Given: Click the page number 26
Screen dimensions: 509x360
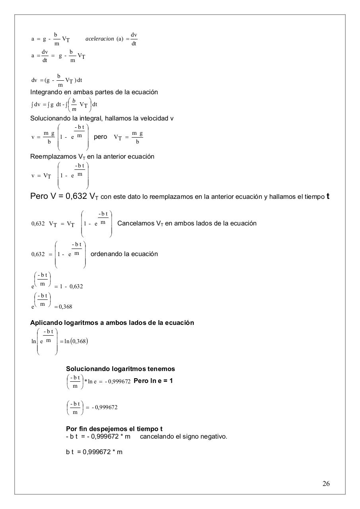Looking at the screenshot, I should pyautogui.click(x=326, y=484).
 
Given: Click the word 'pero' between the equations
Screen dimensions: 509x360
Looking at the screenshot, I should pyautogui.click(x=100, y=137).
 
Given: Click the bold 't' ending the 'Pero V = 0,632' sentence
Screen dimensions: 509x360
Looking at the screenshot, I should pyautogui.click(x=327, y=196).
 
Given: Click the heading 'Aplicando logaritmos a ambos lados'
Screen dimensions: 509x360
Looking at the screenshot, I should pyautogui.click(x=112, y=323).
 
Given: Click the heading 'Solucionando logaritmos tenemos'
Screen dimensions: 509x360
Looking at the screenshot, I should pyautogui.click(x=120, y=369).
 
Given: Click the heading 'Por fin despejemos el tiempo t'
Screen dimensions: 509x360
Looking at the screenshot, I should pyautogui.click(x=114, y=429).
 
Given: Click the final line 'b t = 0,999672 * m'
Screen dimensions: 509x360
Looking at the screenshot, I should pyautogui.click(x=94, y=452).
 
